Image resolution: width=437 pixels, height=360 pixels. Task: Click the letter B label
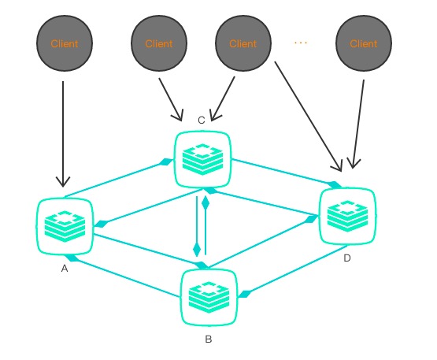click(x=208, y=340)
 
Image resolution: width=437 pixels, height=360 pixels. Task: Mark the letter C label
click(x=202, y=120)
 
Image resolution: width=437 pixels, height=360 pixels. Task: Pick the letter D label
click(x=347, y=258)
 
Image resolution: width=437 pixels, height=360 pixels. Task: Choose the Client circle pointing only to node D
click(x=364, y=43)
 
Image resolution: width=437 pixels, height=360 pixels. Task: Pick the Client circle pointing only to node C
click(x=158, y=43)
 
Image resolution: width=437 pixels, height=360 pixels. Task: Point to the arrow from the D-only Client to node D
click(x=359, y=118)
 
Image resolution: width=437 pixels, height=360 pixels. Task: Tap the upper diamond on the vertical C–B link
click(x=206, y=202)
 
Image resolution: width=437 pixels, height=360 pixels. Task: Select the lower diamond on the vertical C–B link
click(x=197, y=250)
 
